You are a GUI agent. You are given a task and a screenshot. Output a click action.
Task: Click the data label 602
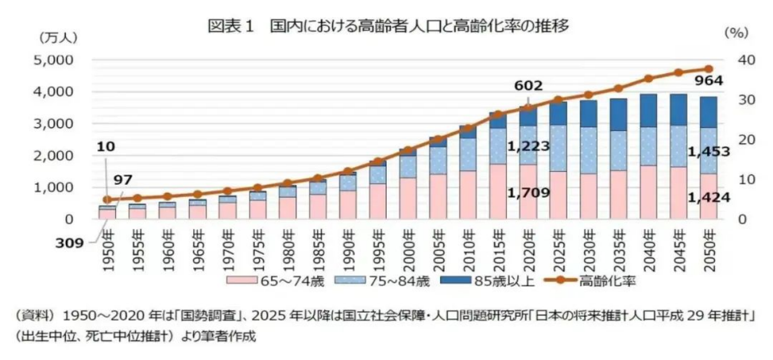(x=528, y=85)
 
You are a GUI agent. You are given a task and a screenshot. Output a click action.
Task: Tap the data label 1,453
(x=710, y=152)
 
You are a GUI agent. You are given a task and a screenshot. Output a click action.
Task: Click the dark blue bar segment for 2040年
(x=648, y=111)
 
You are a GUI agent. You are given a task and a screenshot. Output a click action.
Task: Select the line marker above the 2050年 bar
(x=709, y=69)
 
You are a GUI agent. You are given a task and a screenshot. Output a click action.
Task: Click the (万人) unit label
(x=57, y=37)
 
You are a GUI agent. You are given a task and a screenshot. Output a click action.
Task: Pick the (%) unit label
(x=736, y=33)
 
